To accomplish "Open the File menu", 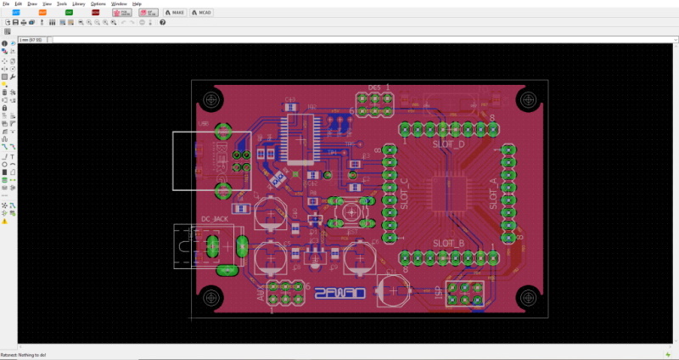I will pyautogui.click(x=7, y=4).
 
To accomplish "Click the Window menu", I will pyautogui.click(x=119, y=4).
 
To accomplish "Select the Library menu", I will pyautogui.click(x=78, y=4).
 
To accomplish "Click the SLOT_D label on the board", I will pyautogui.click(x=448, y=144).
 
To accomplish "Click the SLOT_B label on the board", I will pyautogui.click(x=448, y=244).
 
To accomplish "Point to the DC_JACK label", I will pyautogui.click(x=215, y=219).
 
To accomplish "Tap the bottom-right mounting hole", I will pyautogui.click(x=528, y=297).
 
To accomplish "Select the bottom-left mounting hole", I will pyautogui.click(x=210, y=297).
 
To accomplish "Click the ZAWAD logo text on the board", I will pyautogui.click(x=339, y=294).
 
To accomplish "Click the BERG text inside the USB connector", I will pyautogui.click(x=218, y=149).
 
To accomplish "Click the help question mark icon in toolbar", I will pyautogui.click(x=150, y=22).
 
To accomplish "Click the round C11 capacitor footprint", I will pyautogui.click(x=393, y=290).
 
